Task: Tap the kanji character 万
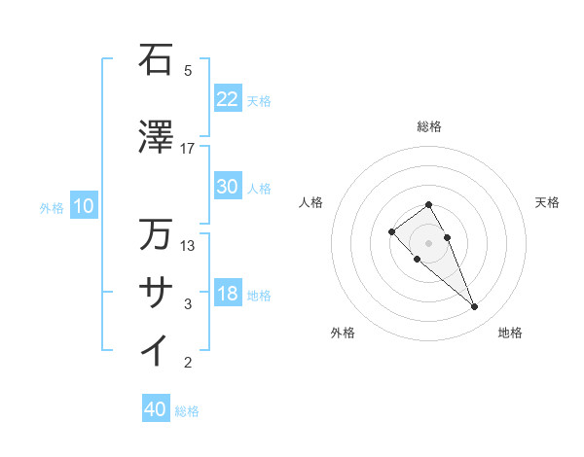(x=156, y=235)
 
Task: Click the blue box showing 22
(x=227, y=100)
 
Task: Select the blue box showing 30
(x=227, y=188)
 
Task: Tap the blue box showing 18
(x=227, y=295)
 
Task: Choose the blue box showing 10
(x=83, y=206)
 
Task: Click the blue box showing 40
(x=156, y=409)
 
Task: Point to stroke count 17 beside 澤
(x=188, y=148)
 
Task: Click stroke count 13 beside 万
(x=188, y=245)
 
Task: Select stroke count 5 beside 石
(x=188, y=70)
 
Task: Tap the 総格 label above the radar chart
(x=428, y=126)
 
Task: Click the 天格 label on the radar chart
(x=547, y=202)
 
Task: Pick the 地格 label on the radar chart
(x=510, y=333)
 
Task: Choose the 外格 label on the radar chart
(x=343, y=333)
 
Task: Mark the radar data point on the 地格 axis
(x=474, y=307)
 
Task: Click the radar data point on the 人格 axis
(x=391, y=231)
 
